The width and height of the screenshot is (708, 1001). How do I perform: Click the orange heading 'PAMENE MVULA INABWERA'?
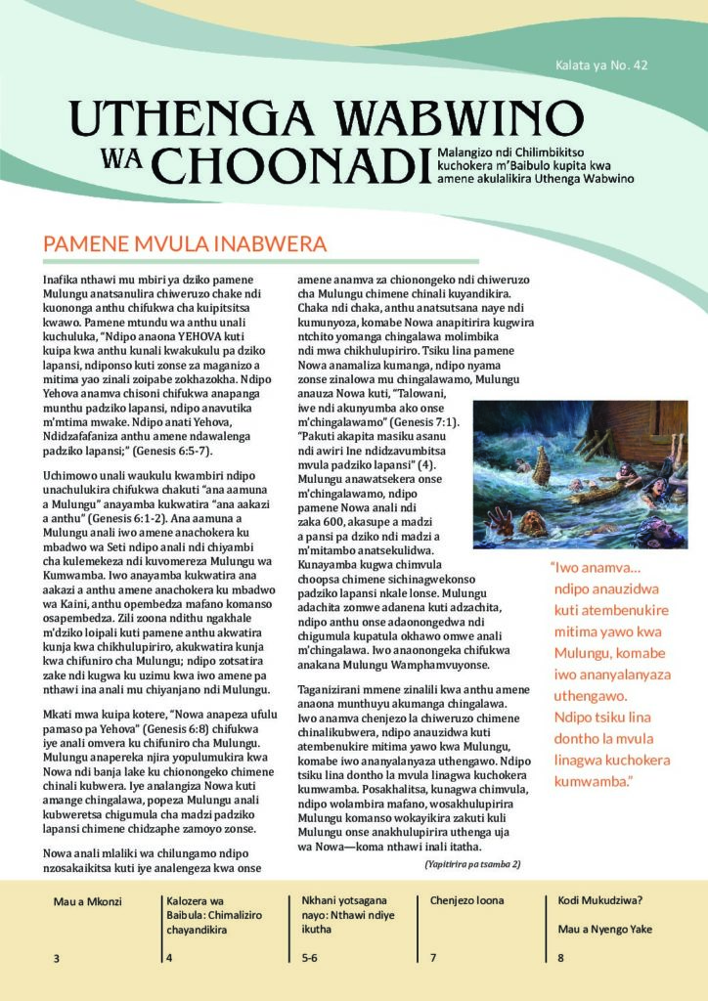pyautogui.click(x=185, y=243)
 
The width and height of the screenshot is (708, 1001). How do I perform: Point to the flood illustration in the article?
pyautogui.click(x=581, y=474)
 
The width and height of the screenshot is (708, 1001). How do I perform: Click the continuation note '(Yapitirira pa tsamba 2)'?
pyautogui.click(x=472, y=863)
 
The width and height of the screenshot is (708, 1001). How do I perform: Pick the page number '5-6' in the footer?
pyautogui.click(x=309, y=958)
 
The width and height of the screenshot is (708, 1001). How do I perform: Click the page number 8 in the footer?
pyautogui.click(x=560, y=958)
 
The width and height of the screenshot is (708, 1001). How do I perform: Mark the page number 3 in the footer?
pyautogui.click(x=57, y=958)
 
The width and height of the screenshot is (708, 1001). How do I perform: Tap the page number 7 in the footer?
pyautogui.click(x=433, y=958)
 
